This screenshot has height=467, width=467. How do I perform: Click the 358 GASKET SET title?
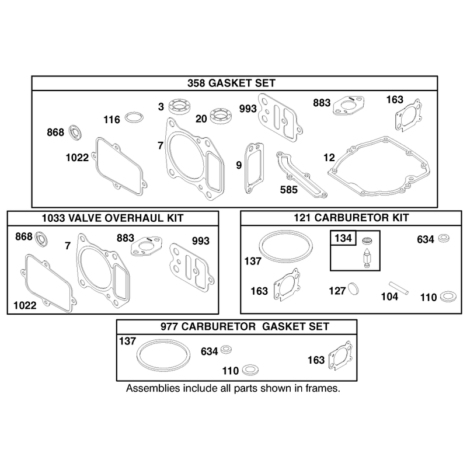pos(231,83)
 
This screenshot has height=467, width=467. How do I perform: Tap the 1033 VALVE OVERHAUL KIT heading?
pos(113,218)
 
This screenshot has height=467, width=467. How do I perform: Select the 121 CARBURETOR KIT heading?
pos(351,218)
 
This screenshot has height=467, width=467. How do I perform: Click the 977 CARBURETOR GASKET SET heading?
pos(245,326)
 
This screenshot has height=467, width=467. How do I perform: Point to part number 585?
pos(288,189)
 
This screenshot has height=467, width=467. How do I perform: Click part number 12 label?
pos(329,157)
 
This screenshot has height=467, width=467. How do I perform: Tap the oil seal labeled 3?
pos(179,107)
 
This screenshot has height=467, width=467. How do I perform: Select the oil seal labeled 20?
pos(221,116)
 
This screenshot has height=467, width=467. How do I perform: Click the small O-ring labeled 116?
pos(134,117)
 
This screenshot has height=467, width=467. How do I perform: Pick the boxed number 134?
pos(343,238)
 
